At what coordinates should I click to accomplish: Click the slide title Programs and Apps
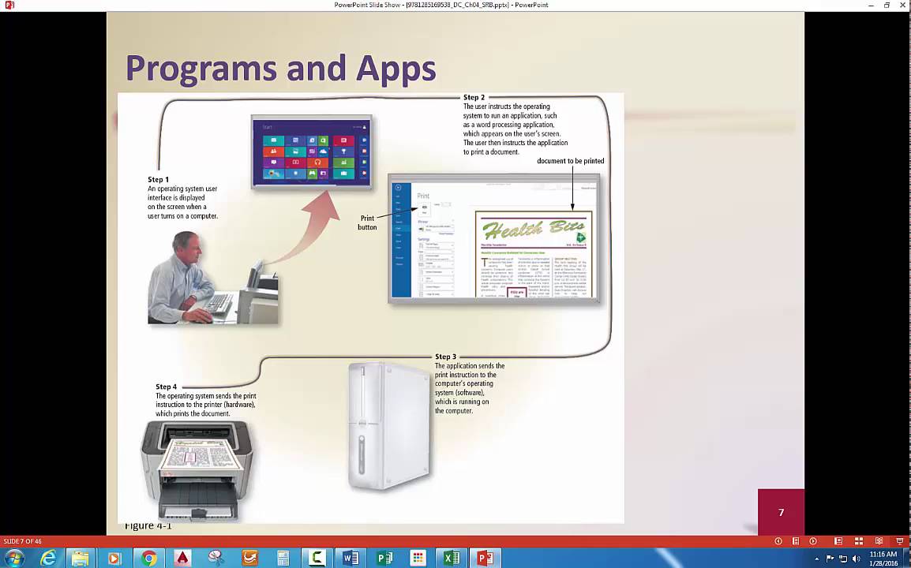280,69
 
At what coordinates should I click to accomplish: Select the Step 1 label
158,180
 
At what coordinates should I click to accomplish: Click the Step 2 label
474,98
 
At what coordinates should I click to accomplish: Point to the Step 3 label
445,357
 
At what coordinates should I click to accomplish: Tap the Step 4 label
167,387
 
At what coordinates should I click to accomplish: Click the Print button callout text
367,222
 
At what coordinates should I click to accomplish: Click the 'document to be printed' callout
570,161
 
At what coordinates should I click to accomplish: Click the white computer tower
389,426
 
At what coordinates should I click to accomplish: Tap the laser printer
197,469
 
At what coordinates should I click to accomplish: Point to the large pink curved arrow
308,229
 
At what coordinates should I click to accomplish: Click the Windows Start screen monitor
312,152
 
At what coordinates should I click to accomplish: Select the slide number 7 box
781,513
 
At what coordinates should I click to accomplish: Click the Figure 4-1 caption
148,525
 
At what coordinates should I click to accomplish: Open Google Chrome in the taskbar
148,559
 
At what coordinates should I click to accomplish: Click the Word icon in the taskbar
351,559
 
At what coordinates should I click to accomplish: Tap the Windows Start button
14,559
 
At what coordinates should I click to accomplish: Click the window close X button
902,5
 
